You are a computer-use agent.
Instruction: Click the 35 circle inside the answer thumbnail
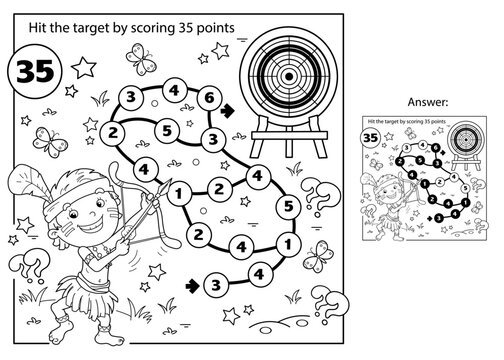pyautogui.click(x=369, y=138)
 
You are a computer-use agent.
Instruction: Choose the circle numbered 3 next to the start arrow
pyautogui.click(x=214, y=288)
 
